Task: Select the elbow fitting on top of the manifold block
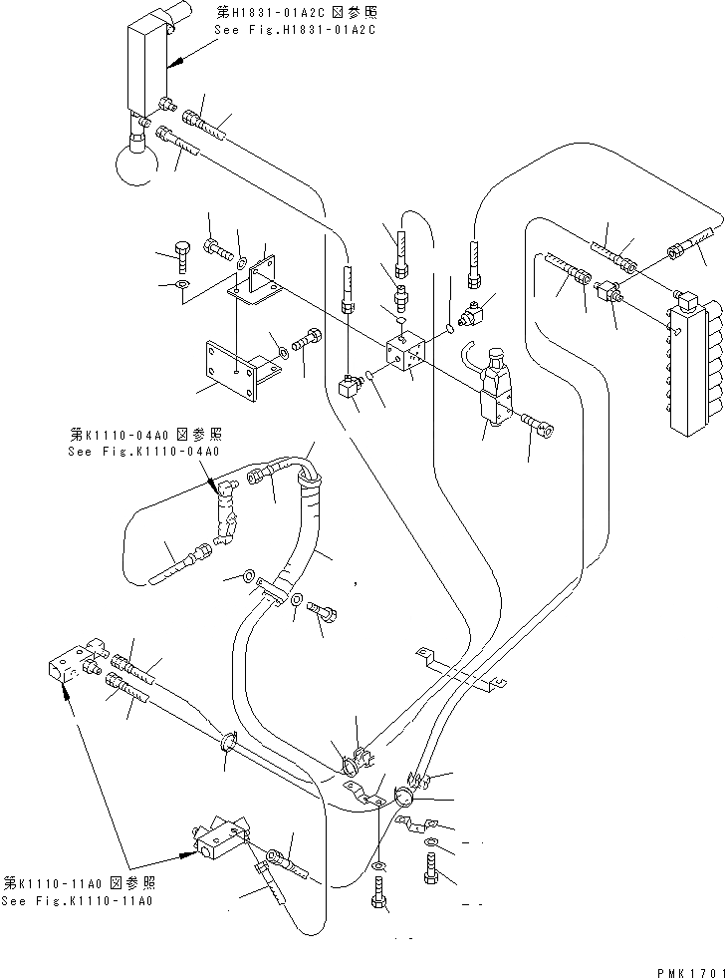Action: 687,297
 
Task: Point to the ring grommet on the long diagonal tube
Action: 227,743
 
